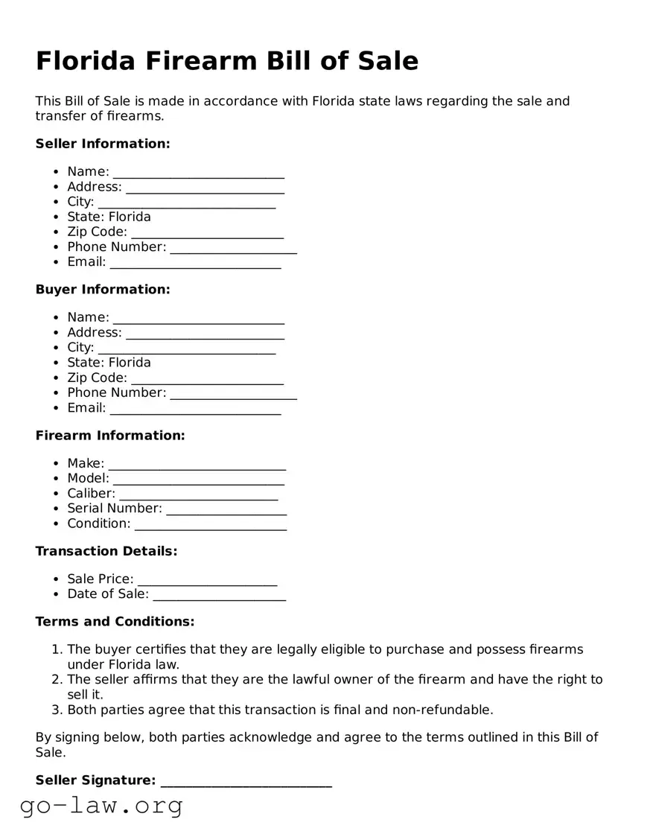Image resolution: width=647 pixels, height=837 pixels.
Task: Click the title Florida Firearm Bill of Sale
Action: pos(227,61)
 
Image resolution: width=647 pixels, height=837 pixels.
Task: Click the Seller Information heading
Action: pos(103,144)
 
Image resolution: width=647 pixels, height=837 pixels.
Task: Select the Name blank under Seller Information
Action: pos(198,173)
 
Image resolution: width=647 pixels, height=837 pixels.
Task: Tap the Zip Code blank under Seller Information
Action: pos(207,233)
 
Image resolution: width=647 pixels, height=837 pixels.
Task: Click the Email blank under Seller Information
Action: pos(195,263)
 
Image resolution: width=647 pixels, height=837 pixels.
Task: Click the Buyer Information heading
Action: pos(103,290)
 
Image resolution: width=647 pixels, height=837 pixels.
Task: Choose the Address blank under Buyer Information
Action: pos(205,334)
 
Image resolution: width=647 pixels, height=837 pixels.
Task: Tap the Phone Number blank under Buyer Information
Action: pos(233,394)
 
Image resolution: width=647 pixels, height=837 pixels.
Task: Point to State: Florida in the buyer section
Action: pos(109,363)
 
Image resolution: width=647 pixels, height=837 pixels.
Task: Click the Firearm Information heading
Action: pos(110,436)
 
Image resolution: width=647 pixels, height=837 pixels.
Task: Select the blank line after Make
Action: pos(197,465)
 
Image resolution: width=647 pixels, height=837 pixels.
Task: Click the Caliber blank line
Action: pos(198,494)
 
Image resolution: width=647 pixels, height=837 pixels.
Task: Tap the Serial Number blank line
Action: pos(226,509)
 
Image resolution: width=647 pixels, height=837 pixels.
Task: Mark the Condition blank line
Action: pos(210,524)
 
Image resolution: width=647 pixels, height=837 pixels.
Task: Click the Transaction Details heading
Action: pos(106,551)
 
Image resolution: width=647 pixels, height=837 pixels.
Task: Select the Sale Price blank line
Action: pos(207,580)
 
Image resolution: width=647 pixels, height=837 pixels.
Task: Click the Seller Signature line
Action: pos(246,781)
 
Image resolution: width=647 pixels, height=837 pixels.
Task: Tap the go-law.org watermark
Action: pos(101,805)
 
